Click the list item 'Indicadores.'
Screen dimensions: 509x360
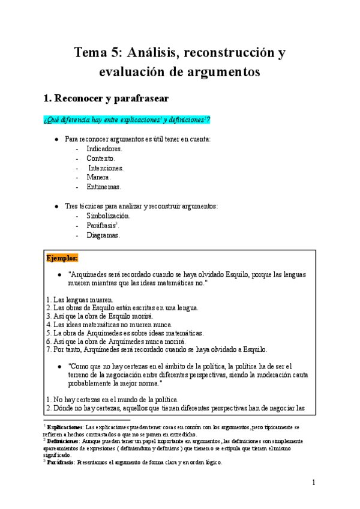pyautogui.click(x=104, y=148)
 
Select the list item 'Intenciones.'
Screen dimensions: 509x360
pyautogui.click(x=106, y=167)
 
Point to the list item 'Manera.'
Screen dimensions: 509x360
pyautogui.click(x=98, y=177)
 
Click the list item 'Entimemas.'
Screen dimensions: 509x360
pyautogui.click(x=103, y=187)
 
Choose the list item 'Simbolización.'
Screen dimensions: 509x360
pyautogui.click(x=107, y=215)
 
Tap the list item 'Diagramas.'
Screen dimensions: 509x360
pyautogui.click(x=103, y=235)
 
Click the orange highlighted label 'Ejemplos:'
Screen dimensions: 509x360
pyautogui.click(x=62, y=258)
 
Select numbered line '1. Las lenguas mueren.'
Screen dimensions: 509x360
pyautogui.click(x=79, y=300)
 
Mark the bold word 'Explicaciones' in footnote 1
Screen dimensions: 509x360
pyautogui.click(x=66, y=427)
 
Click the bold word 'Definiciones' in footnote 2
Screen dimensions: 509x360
pyautogui.click(x=64, y=441)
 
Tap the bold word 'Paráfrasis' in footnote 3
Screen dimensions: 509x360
pyautogui.click(x=62, y=462)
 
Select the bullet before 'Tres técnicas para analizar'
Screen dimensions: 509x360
pyautogui.click(x=56, y=206)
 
